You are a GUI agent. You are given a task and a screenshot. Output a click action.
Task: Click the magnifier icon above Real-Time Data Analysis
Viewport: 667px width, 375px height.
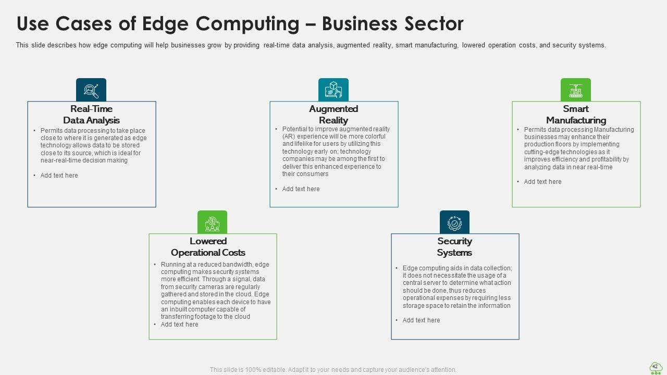click(91, 90)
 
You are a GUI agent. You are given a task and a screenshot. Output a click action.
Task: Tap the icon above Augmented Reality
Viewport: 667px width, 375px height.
click(333, 90)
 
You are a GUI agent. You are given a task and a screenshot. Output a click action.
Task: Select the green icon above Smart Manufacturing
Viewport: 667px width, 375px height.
click(576, 90)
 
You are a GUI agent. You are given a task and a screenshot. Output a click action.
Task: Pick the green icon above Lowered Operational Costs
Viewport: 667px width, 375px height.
click(212, 222)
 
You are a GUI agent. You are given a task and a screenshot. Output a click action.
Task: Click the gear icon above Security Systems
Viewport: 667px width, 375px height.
click(454, 222)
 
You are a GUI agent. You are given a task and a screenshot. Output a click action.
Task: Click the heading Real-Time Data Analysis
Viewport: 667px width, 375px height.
click(91, 115)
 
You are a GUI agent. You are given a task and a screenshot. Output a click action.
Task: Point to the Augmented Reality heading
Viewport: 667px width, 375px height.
click(333, 115)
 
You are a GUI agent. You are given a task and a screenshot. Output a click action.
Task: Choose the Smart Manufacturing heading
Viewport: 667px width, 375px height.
click(576, 115)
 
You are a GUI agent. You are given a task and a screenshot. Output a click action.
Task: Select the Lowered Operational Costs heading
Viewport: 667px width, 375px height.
click(208, 247)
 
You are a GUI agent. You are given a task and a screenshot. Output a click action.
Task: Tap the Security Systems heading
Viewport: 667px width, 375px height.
click(454, 247)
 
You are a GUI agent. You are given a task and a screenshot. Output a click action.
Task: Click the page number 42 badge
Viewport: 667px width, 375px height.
click(656, 367)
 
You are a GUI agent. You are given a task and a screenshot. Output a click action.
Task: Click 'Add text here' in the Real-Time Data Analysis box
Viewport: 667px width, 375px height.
click(59, 176)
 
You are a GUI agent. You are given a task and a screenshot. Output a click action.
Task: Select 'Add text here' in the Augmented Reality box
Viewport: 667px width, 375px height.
click(301, 189)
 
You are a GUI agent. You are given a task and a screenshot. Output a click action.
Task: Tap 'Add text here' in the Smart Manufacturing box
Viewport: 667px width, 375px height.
click(543, 182)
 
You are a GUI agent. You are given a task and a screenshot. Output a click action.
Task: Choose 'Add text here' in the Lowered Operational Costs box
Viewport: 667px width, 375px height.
click(180, 324)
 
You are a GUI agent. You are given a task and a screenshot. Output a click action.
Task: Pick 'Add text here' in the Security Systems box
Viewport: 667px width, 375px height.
click(422, 320)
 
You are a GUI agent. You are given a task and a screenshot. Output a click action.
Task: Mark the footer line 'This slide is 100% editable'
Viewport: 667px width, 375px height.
click(333, 370)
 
